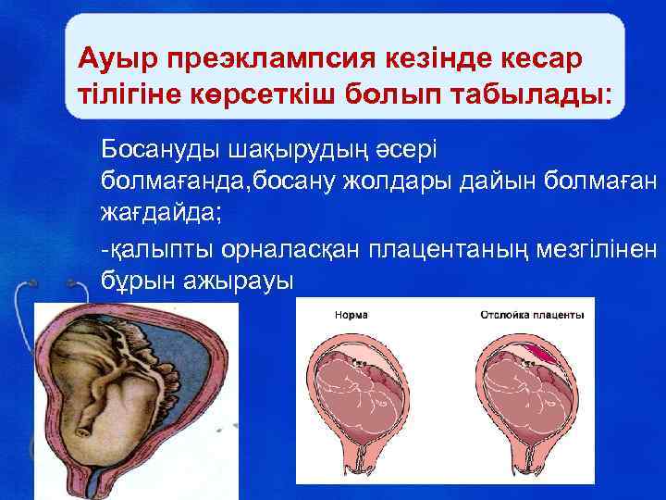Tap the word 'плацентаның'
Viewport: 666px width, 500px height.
pos(460,247)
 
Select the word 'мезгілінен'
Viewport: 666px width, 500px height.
pos(607,247)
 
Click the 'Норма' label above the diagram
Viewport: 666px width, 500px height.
pos(349,316)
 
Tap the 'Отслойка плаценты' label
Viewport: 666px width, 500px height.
pos(531,316)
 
